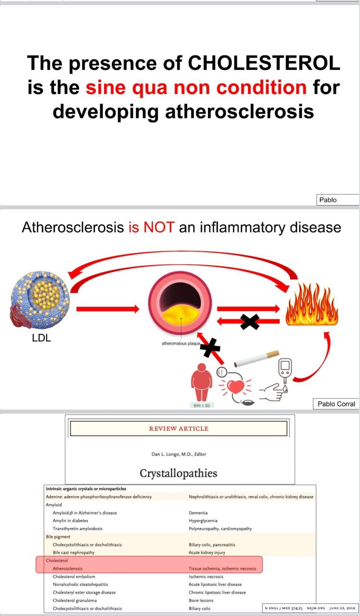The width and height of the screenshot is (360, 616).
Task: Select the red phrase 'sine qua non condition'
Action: [196, 87]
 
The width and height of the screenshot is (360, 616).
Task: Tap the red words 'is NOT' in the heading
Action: [151, 227]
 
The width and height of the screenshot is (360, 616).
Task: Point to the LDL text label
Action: [41, 338]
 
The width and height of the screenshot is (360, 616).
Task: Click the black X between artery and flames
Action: [249, 321]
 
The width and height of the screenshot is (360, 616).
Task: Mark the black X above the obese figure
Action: [209, 346]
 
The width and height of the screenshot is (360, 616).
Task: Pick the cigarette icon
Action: [256, 359]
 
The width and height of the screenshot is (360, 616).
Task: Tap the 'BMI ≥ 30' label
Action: [201, 405]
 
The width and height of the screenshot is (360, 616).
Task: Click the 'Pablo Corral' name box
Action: [336, 404]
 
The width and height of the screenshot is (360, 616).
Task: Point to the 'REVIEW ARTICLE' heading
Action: [179, 429]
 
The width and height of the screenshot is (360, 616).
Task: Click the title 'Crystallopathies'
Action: [179, 473]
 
